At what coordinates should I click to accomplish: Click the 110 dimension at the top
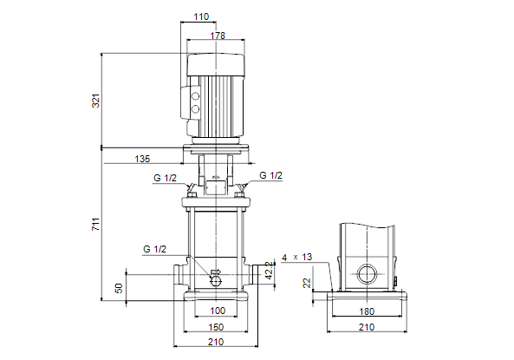pos(201,16)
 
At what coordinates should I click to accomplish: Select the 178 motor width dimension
pos(218,36)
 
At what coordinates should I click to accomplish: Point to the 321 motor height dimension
pos(95,101)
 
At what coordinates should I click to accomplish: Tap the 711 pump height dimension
pos(95,224)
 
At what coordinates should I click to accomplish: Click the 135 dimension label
pos(142,159)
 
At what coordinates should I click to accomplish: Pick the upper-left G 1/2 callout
pos(165,178)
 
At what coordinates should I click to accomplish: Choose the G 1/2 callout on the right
pos(270,175)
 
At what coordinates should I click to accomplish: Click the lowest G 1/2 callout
pos(155,249)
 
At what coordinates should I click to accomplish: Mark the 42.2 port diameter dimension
pos(269,271)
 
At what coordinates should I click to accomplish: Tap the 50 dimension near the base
pos(119,288)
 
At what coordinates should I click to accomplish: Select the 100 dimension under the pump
pos(218,311)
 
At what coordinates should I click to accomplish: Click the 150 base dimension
pos(216,327)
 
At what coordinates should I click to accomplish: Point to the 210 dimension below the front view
pos(216,342)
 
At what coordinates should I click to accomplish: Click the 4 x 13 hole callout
pos(297,258)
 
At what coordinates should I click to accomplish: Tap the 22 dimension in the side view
pos(307,283)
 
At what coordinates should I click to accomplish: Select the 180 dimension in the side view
pos(367,311)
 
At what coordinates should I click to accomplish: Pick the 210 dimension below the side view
pos(367,327)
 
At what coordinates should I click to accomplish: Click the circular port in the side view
pos(357,274)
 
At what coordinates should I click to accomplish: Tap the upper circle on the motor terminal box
pos(195,96)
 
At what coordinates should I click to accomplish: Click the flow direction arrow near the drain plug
pos(216,272)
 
